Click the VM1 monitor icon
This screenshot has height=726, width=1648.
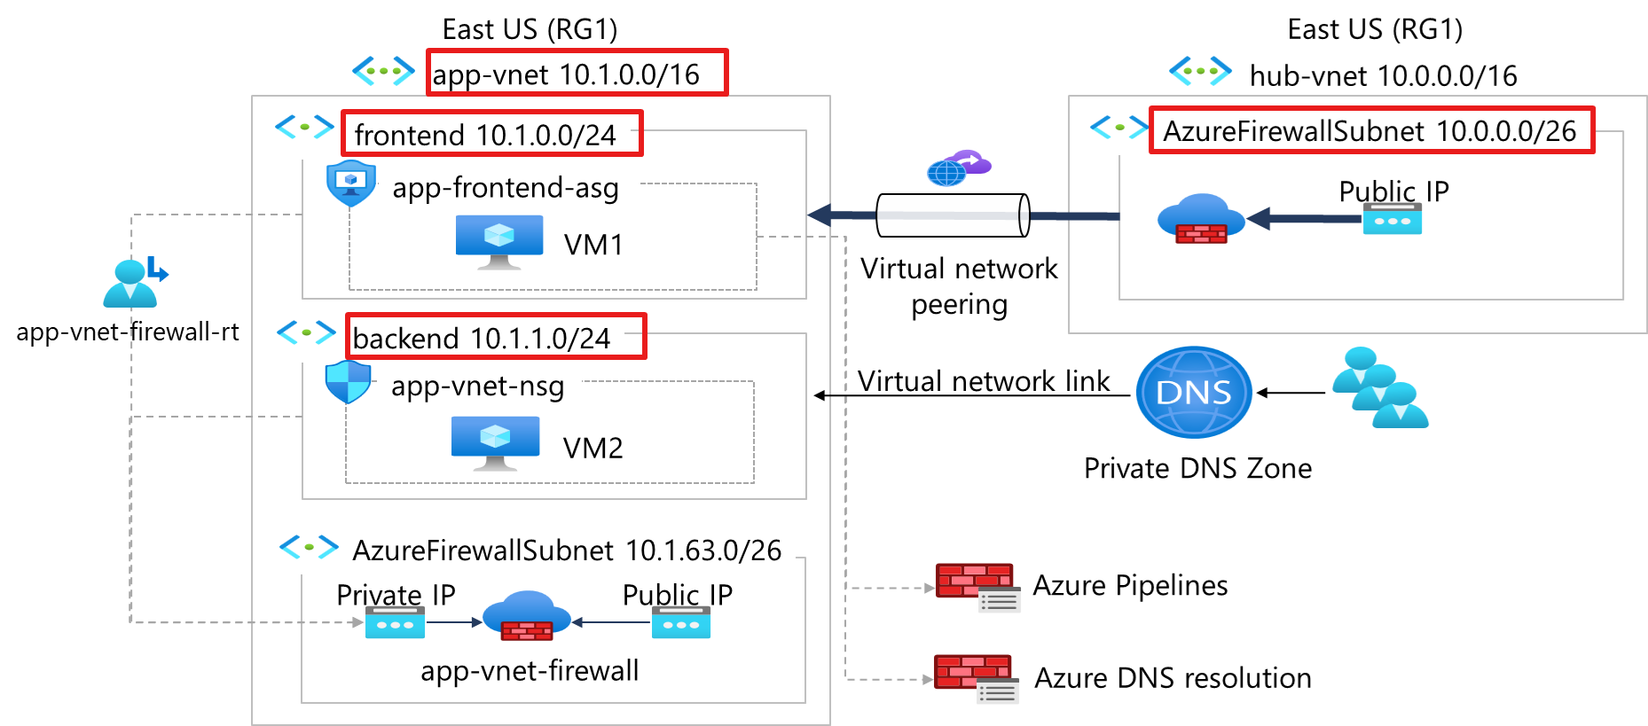coord(498,241)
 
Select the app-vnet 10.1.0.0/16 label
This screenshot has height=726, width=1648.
coord(566,74)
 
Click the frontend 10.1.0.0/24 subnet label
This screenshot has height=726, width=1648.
coord(485,135)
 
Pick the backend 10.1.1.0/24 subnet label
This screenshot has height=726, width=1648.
coord(482,338)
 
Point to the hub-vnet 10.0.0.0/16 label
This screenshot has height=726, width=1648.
coord(1383,76)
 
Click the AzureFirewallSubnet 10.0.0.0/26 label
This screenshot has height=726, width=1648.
coord(1369,131)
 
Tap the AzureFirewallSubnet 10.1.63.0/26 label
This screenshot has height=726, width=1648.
coord(567,550)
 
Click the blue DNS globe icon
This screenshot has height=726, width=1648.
coord(1194,392)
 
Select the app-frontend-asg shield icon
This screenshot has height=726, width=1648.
coord(351,183)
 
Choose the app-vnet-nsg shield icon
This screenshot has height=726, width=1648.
coord(348,382)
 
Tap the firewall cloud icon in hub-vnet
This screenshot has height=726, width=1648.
coord(1201,218)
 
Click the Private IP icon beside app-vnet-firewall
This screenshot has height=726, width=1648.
coord(395,623)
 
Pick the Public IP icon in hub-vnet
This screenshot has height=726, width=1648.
coord(1392,219)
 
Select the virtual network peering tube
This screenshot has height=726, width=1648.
coord(953,215)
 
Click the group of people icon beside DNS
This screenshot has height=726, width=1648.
coord(1380,388)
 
